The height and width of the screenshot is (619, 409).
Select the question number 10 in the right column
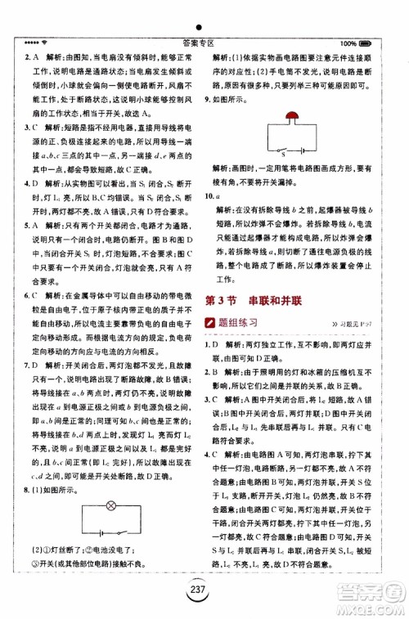point(210,196)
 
